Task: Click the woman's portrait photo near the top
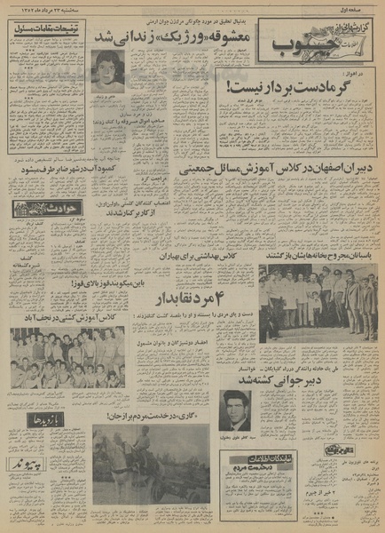[x=108, y=70]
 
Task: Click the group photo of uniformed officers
[x=318, y=302]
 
